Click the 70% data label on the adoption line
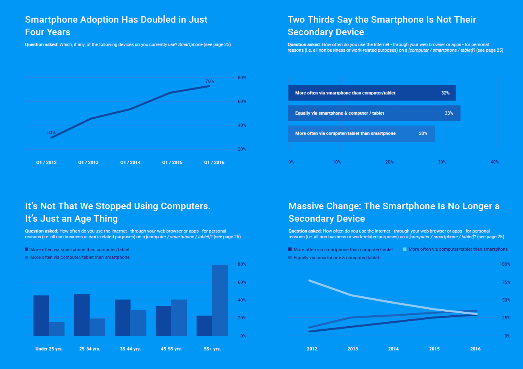coord(210,81)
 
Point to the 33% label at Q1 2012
coord(51,132)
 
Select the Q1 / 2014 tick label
coord(130,162)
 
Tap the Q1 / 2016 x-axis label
coord(214,162)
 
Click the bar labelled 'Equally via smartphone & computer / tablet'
coord(374,113)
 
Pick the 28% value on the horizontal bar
coord(423,133)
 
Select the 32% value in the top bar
coord(445,93)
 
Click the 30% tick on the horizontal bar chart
coord(442,162)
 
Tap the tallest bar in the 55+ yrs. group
coord(220,300)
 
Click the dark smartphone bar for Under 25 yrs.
coord(41,315)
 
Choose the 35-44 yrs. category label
coord(130,349)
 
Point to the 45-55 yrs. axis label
coord(171,349)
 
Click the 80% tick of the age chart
coord(242,264)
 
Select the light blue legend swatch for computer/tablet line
coord(405,249)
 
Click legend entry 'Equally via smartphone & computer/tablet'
coord(336,258)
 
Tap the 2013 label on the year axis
coord(352,349)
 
